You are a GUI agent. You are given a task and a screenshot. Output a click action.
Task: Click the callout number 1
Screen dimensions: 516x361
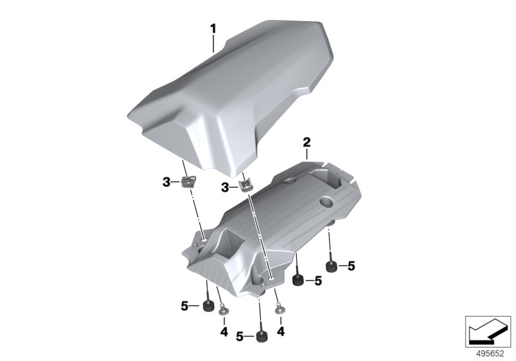tap(213, 29)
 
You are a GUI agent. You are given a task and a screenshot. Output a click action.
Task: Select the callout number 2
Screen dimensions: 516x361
tap(306, 142)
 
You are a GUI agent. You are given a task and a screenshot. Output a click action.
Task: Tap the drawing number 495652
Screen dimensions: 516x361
tap(490, 354)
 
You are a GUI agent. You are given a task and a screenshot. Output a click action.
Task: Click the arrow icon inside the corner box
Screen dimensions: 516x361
tap(488, 331)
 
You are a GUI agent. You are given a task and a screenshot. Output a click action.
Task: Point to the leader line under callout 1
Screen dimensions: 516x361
tap(213, 44)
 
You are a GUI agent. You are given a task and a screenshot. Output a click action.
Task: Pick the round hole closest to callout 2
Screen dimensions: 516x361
tap(292, 179)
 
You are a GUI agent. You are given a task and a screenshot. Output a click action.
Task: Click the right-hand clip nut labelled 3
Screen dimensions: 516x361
tap(246, 186)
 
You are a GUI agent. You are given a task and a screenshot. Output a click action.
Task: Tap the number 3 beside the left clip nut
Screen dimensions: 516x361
tap(167, 182)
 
